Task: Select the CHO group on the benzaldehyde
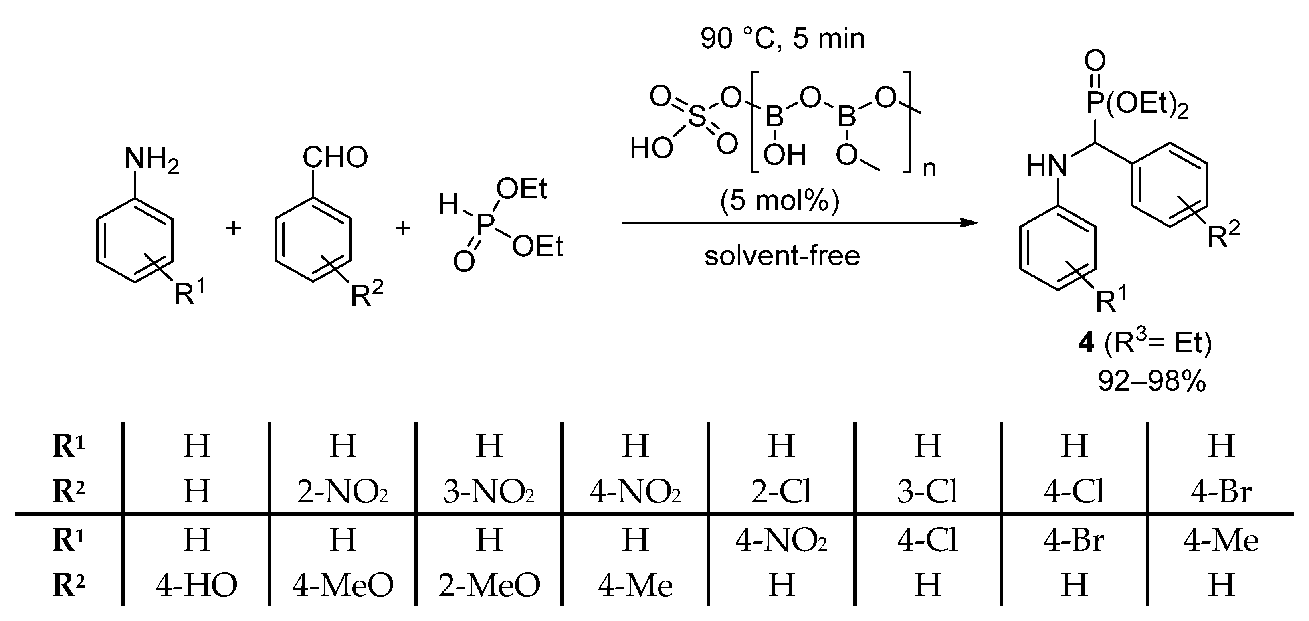pyautogui.click(x=335, y=157)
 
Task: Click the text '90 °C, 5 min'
pyautogui.click(x=782, y=38)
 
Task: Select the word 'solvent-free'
pyautogui.click(x=782, y=256)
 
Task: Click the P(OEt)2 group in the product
pyautogui.click(x=1137, y=104)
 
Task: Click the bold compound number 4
pyautogui.click(x=1086, y=343)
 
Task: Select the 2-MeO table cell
pyautogui.click(x=489, y=585)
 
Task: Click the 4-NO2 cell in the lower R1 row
pyautogui.click(x=781, y=540)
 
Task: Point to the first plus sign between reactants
pyautogui.click(x=233, y=229)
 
